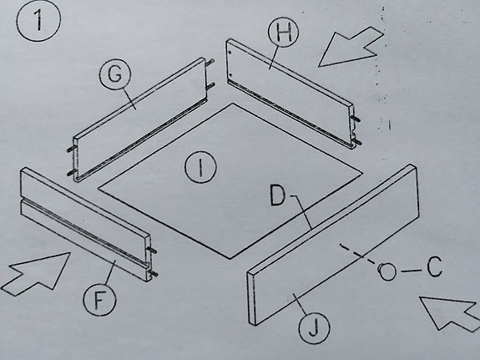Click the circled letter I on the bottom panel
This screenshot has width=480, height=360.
[x=200, y=168]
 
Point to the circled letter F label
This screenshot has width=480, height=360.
[x=99, y=298]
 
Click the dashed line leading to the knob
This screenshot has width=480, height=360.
[x=359, y=256]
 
